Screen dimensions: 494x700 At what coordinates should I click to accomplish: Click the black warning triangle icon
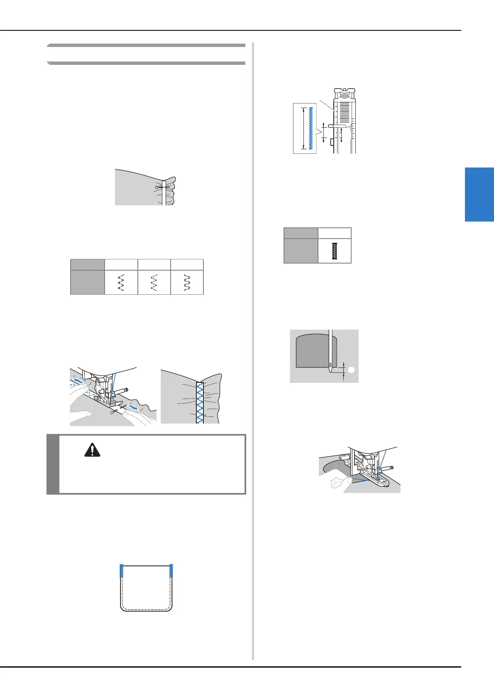(92, 450)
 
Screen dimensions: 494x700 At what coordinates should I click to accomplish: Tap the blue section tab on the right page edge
(479, 194)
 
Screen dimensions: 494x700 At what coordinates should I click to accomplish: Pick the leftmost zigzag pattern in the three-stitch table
(121, 283)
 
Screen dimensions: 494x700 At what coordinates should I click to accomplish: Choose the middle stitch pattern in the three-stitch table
(154, 283)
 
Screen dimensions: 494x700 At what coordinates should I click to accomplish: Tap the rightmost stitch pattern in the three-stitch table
(187, 283)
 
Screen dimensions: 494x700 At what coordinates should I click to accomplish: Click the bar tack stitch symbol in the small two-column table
(335, 251)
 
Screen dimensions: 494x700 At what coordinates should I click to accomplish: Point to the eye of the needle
(330, 366)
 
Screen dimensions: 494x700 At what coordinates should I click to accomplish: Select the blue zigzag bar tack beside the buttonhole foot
(311, 128)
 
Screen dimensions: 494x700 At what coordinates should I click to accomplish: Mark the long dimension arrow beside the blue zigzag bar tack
(303, 128)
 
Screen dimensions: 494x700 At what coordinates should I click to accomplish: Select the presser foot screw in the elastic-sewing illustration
(125, 389)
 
